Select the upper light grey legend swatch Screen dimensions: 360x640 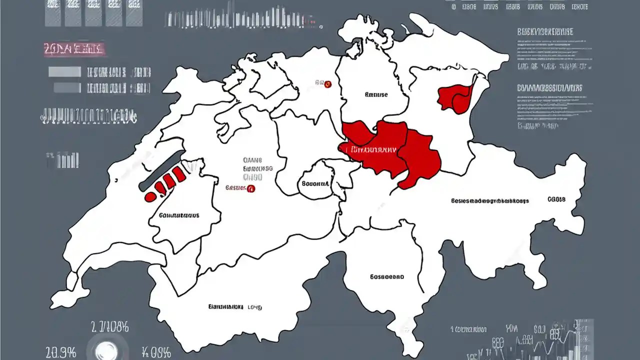tap(64, 72)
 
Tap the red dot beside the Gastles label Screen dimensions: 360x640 tap(251, 189)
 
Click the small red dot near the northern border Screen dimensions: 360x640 tap(328, 84)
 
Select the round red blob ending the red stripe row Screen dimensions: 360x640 tap(149, 197)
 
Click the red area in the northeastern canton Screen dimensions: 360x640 tap(455, 97)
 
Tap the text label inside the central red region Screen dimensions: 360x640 tap(373, 149)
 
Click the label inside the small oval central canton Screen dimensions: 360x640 tap(315, 183)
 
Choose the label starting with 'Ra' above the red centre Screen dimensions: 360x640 tap(376, 94)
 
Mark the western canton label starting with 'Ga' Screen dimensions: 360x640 tap(179, 215)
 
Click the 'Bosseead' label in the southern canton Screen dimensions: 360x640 tap(387, 276)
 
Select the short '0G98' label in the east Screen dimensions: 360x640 tap(556, 199)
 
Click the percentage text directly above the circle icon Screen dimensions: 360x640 tap(109, 328)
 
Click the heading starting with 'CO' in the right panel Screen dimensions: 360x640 tap(549, 88)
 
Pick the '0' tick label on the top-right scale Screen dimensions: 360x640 tap(453, 7)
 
